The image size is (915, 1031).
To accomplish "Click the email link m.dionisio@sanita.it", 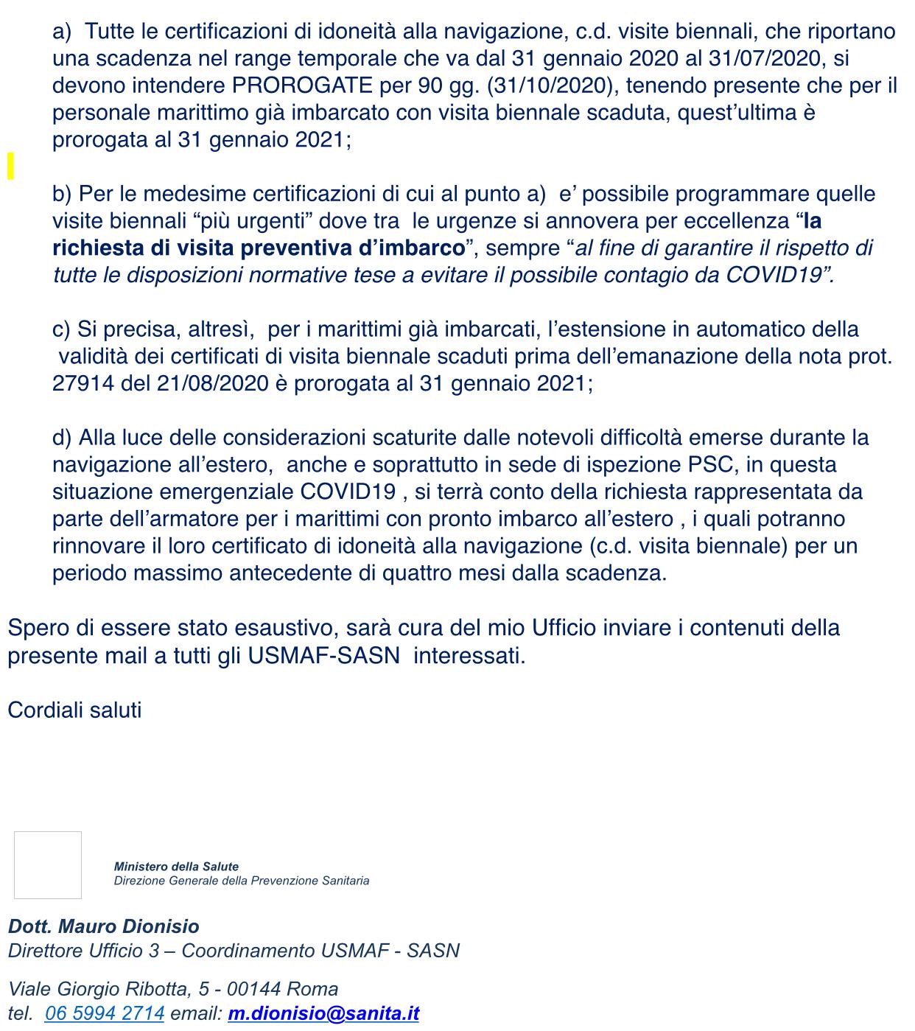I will pos(323,1013).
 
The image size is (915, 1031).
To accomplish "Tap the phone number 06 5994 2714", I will pos(105,1013).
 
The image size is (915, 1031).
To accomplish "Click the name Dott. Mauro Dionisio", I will pos(104,926).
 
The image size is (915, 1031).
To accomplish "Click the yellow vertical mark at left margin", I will pos(10,166).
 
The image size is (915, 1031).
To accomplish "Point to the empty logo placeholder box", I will pos(48,865).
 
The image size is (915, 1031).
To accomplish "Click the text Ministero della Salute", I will pos(176,867).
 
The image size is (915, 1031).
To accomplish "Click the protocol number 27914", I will pos(83,384).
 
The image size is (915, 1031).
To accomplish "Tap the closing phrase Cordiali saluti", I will pos(74,710).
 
